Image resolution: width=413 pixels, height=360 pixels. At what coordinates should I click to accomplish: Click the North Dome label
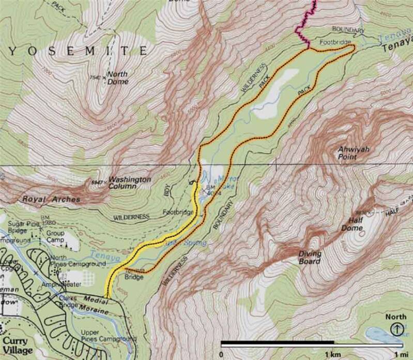coord(117,77)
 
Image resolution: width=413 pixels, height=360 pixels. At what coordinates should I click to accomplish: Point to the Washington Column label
coord(129,183)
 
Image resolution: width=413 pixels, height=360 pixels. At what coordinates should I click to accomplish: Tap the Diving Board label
coord(310,257)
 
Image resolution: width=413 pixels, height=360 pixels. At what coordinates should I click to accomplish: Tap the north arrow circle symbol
coord(396,327)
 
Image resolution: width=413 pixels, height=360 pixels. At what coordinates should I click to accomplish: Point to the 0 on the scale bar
coord(221,354)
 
